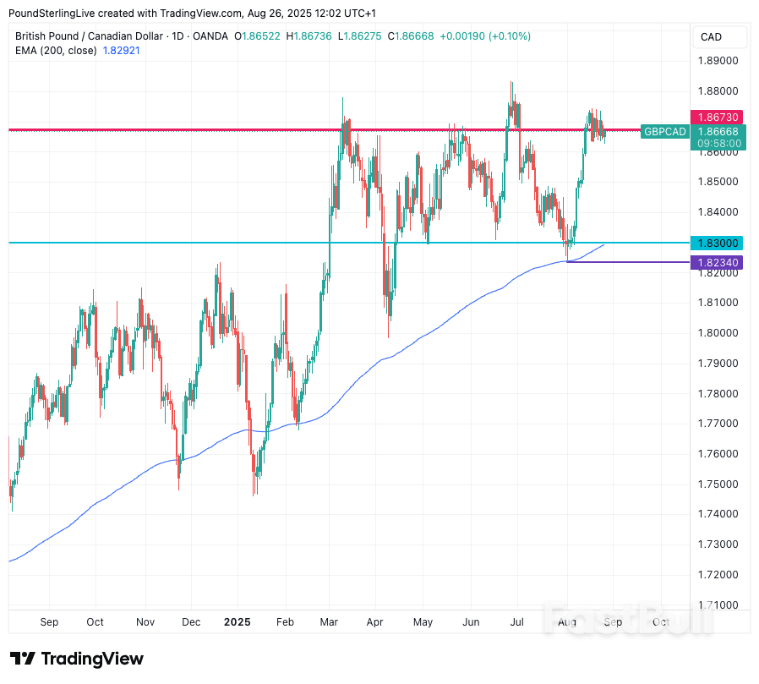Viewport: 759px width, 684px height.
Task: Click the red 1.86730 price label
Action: (716, 117)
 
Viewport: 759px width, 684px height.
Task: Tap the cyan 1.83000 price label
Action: (716, 243)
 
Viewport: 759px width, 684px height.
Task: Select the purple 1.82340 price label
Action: (716, 263)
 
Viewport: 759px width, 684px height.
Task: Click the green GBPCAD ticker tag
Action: (664, 132)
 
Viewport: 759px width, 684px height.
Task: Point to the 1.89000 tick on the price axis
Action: (716, 61)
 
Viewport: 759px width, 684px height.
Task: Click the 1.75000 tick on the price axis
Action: (716, 484)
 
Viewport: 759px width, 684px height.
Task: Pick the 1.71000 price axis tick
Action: (716, 605)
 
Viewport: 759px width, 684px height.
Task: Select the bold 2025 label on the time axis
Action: (238, 622)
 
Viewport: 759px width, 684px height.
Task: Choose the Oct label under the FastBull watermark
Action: (661, 622)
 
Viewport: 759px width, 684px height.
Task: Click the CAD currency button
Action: (712, 37)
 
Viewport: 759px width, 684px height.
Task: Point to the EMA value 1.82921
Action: (121, 51)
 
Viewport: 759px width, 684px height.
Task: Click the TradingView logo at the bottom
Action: (77, 659)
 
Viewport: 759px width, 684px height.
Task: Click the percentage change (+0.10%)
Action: (508, 36)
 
